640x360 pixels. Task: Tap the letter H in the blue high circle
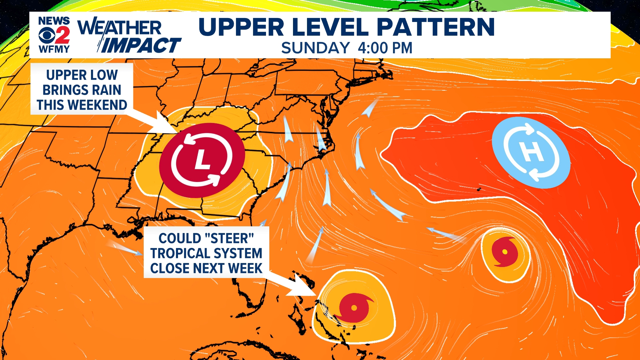point(531,152)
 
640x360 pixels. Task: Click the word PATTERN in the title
point(436,27)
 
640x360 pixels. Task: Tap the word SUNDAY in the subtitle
point(315,48)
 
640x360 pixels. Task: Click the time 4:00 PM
point(385,48)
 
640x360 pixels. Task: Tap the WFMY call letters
point(54,49)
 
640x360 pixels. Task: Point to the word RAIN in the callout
point(106,90)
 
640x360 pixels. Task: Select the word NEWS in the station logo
point(54,21)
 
